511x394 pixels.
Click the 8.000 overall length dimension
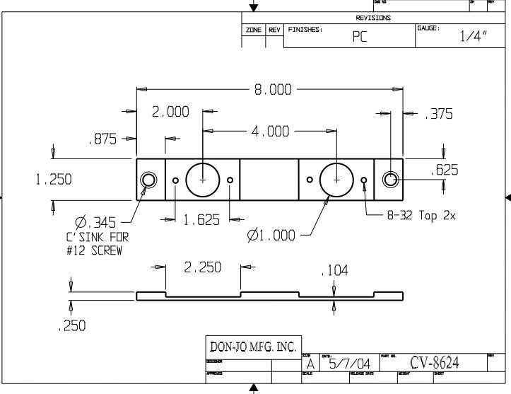[x=272, y=90]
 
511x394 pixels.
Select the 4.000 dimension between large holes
[x=269, y=131]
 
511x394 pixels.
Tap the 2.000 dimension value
[x=170, y=112]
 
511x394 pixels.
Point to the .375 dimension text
[x=437, y=114]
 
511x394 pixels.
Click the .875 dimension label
[x=102, y=139]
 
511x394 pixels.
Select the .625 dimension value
[x=444, y=170]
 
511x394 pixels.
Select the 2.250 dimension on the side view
[x=203, y=267]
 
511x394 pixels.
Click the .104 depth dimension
[x=334, y=270]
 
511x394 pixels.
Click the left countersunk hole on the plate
[x=149, y=180]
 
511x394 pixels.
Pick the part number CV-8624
[x=434, y=363]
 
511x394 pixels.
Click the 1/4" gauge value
[x=474, y=37]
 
